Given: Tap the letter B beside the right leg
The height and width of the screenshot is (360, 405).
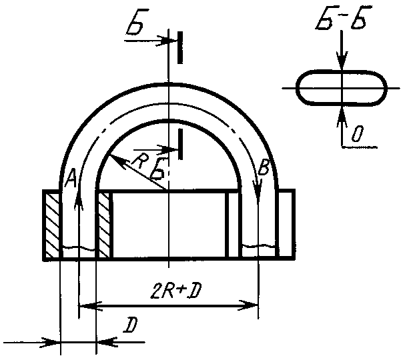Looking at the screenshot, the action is click(263, 170).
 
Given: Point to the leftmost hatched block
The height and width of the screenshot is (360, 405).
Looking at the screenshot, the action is click(51, 225).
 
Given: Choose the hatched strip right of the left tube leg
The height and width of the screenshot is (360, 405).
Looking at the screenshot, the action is click(103, 225).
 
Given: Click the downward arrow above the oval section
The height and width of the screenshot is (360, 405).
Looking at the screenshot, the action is click(342, 63).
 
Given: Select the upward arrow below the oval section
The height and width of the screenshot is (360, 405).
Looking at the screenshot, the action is click(342, 111).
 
